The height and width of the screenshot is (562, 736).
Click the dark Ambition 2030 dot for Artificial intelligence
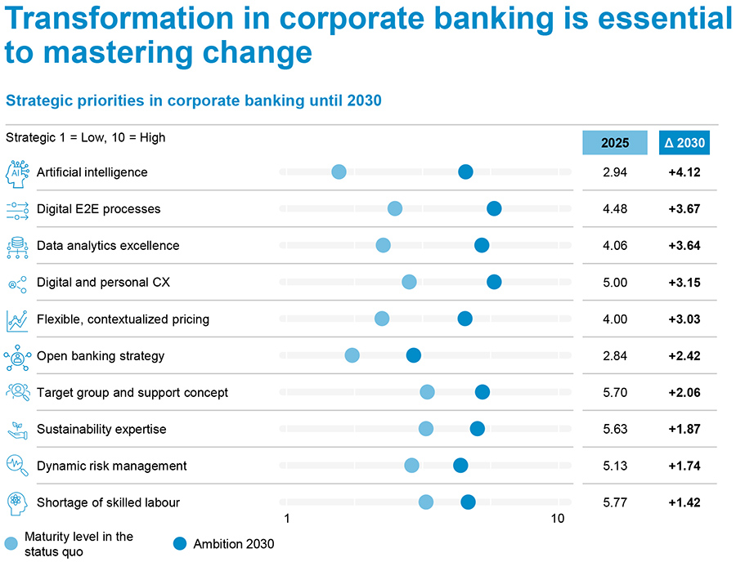point(465,172)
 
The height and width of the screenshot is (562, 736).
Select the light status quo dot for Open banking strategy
point(352,355)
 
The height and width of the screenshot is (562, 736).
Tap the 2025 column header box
point(615,142)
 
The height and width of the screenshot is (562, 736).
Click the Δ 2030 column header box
point(684,142)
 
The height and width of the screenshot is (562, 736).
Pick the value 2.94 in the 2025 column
point(615,172)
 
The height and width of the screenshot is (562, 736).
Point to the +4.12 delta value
point(684,172)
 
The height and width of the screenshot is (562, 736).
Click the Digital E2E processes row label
point(98,209)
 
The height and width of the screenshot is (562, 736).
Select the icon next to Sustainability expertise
point(17,429)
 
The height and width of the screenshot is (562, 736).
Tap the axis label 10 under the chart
point(558,519)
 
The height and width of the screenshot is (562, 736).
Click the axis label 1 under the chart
point(287,519)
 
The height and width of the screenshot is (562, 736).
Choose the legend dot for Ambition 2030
point(182,544)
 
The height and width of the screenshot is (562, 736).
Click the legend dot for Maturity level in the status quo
point(11,544)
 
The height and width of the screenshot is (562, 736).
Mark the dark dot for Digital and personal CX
point(494,282)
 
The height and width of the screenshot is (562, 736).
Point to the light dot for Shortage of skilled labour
point(426,502)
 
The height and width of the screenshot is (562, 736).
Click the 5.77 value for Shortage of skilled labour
point(615,503)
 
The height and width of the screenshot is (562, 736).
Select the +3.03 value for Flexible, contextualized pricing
point(684,319)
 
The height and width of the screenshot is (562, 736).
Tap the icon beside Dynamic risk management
point(17,466)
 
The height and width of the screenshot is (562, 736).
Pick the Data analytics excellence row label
point(108,246)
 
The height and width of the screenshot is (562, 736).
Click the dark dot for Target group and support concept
point(482,392)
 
